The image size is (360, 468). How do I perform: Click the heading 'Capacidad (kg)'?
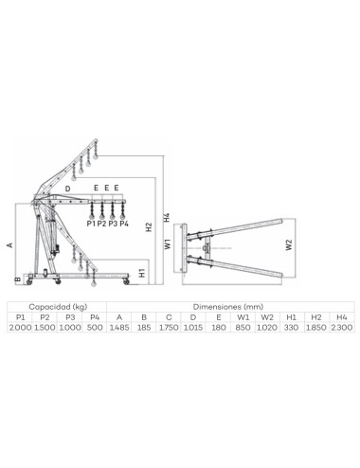[56, 307]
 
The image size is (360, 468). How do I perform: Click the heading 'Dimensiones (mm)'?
[226, 307]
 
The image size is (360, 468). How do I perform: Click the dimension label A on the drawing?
[10, 244]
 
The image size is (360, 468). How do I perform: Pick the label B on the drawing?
[17, 279]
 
